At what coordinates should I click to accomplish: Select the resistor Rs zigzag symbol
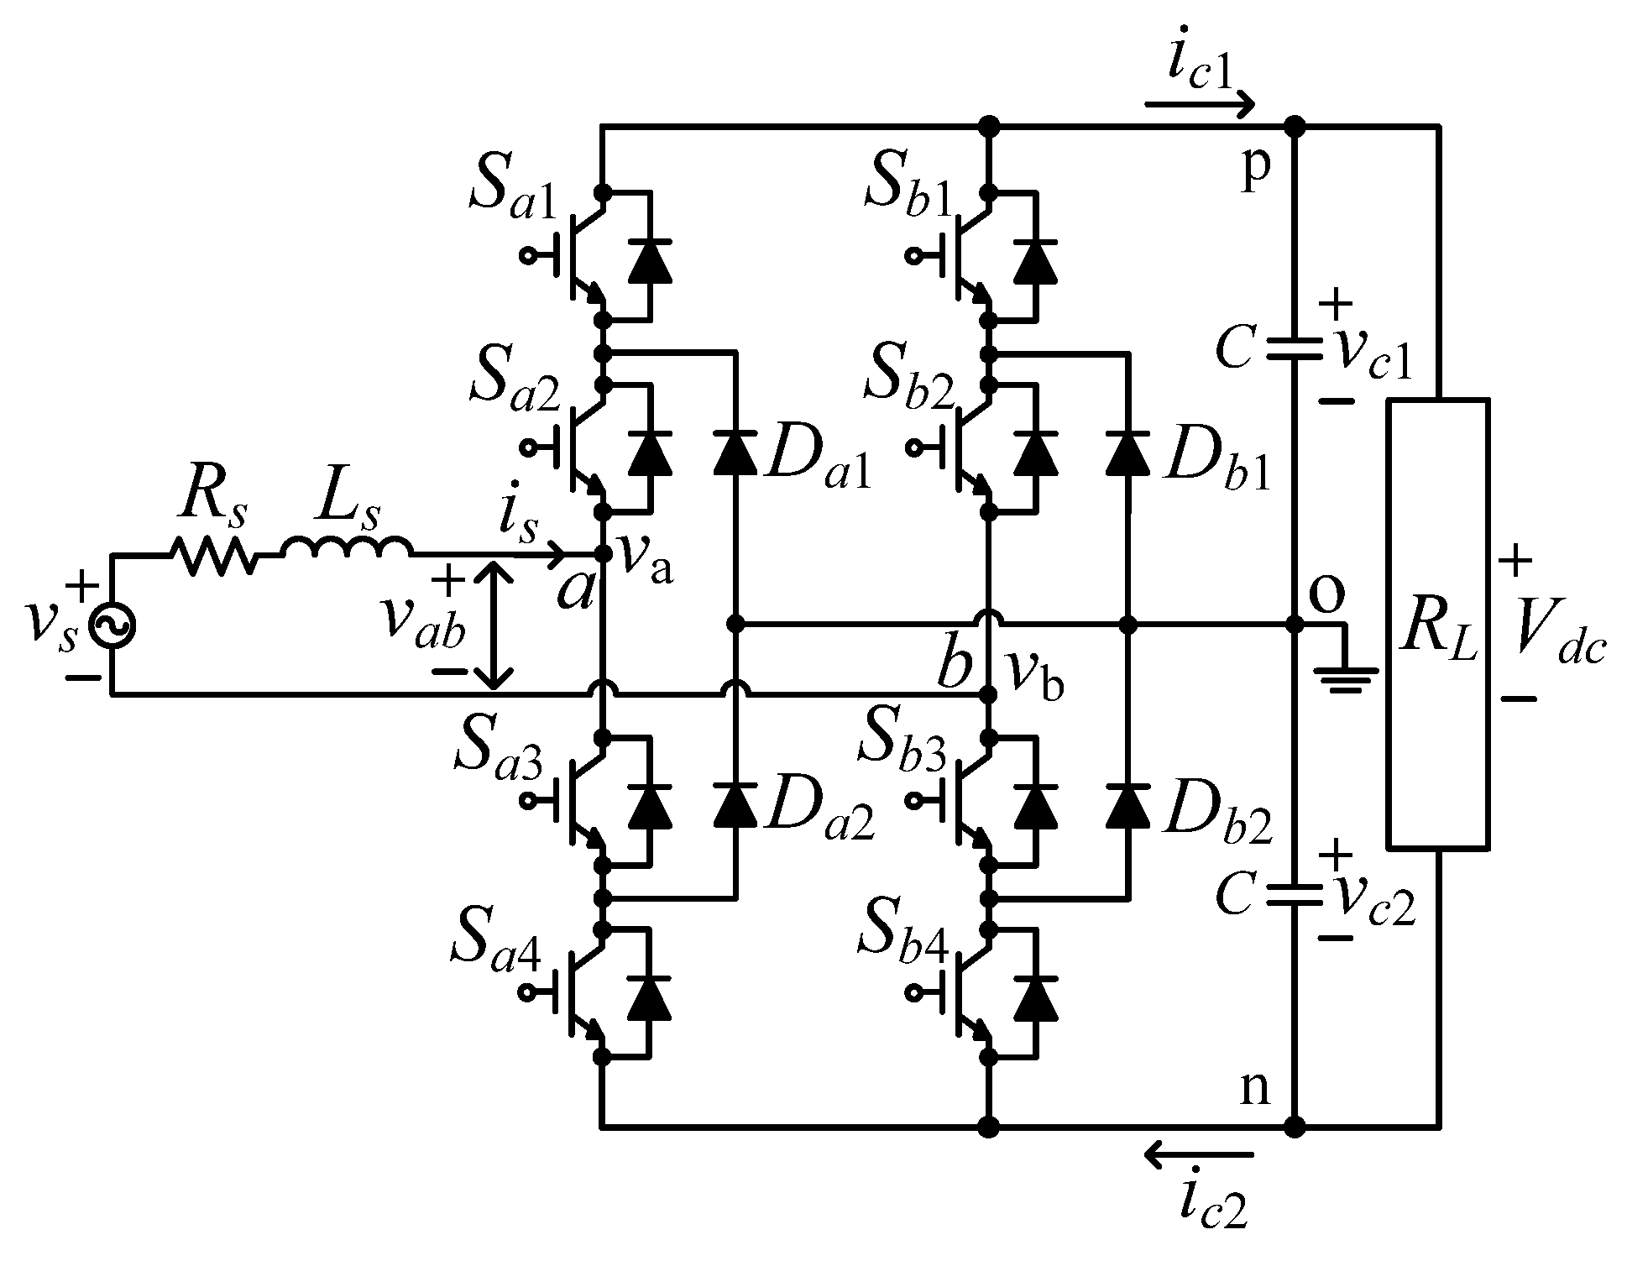213,555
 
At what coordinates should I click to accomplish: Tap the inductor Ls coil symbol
347,548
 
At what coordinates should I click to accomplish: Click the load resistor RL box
1437,625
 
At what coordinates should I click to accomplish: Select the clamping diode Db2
1127,804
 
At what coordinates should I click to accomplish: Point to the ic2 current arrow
1199,1157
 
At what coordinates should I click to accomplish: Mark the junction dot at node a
602,554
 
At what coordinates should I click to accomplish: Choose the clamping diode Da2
735,804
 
